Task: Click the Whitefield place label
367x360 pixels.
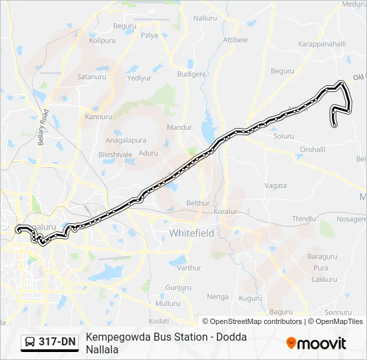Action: [x=192, y=233]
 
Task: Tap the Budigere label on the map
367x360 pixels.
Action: [x=192, y=75]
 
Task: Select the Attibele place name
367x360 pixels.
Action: [x=235, y=40]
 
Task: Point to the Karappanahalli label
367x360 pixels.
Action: [x=322, y=43]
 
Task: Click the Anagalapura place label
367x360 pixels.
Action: [x=127, y=141]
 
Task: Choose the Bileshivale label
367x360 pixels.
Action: [x=115, y=154]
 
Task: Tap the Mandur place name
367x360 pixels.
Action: [x=179, y=127]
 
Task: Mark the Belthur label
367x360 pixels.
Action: [x=198, y=203]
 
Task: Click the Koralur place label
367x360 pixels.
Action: [x=226, y=211]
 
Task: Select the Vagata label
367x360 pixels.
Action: [x=276, y=185]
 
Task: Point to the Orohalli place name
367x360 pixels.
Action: [x=313, y=149]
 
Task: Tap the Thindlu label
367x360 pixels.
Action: [x=304, y=219]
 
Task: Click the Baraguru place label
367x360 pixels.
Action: [x=322, y=256]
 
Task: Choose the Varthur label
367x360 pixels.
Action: [x=189, y=268]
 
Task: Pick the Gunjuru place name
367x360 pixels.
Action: [x=178, y=287]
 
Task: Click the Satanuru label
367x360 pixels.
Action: [x=93, y=77]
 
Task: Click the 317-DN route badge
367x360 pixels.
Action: [x=50, y=343]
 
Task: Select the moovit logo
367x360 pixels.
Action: [x=316, y=343]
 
